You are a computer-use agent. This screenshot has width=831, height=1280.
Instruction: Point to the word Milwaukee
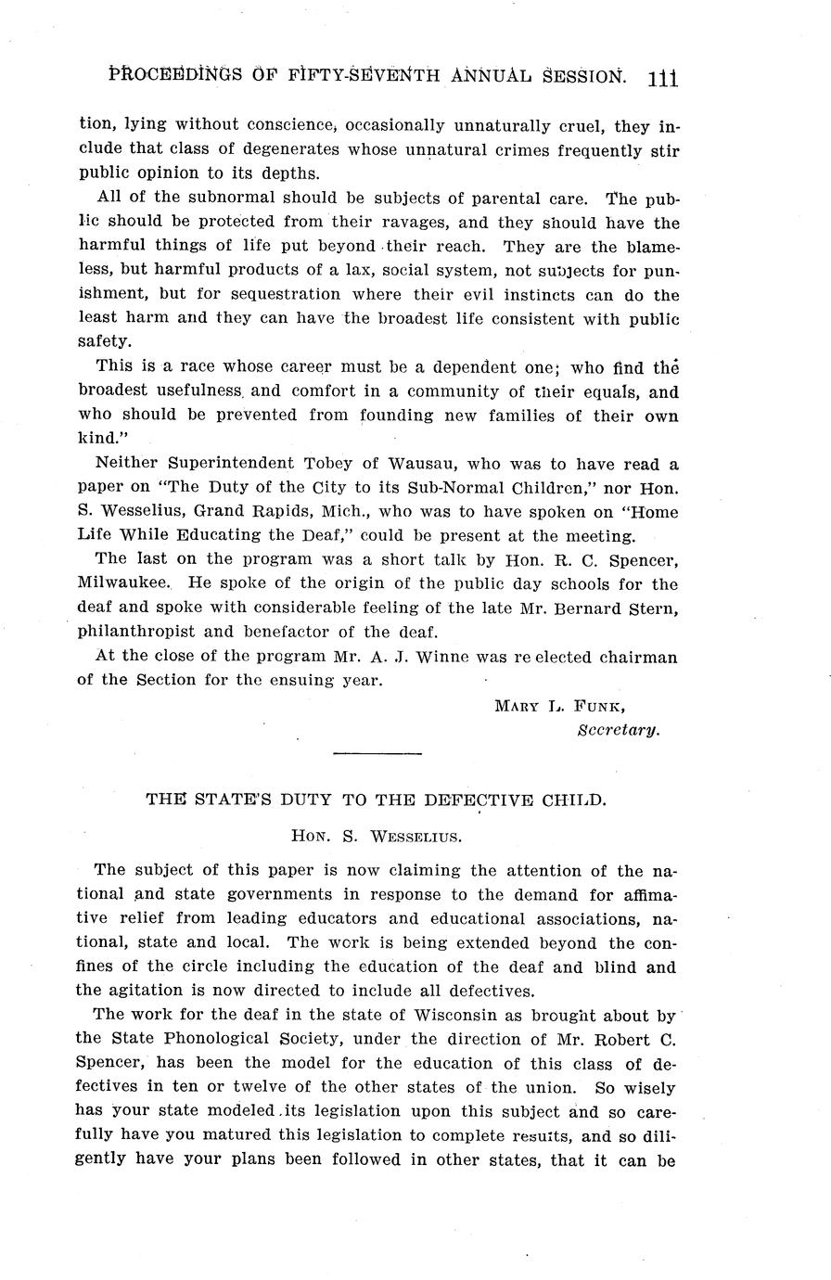122,584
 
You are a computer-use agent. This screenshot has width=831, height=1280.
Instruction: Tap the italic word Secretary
619,729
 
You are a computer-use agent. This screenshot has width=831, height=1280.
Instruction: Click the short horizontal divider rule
377,754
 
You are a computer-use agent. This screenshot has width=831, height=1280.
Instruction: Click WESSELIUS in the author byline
415,836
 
